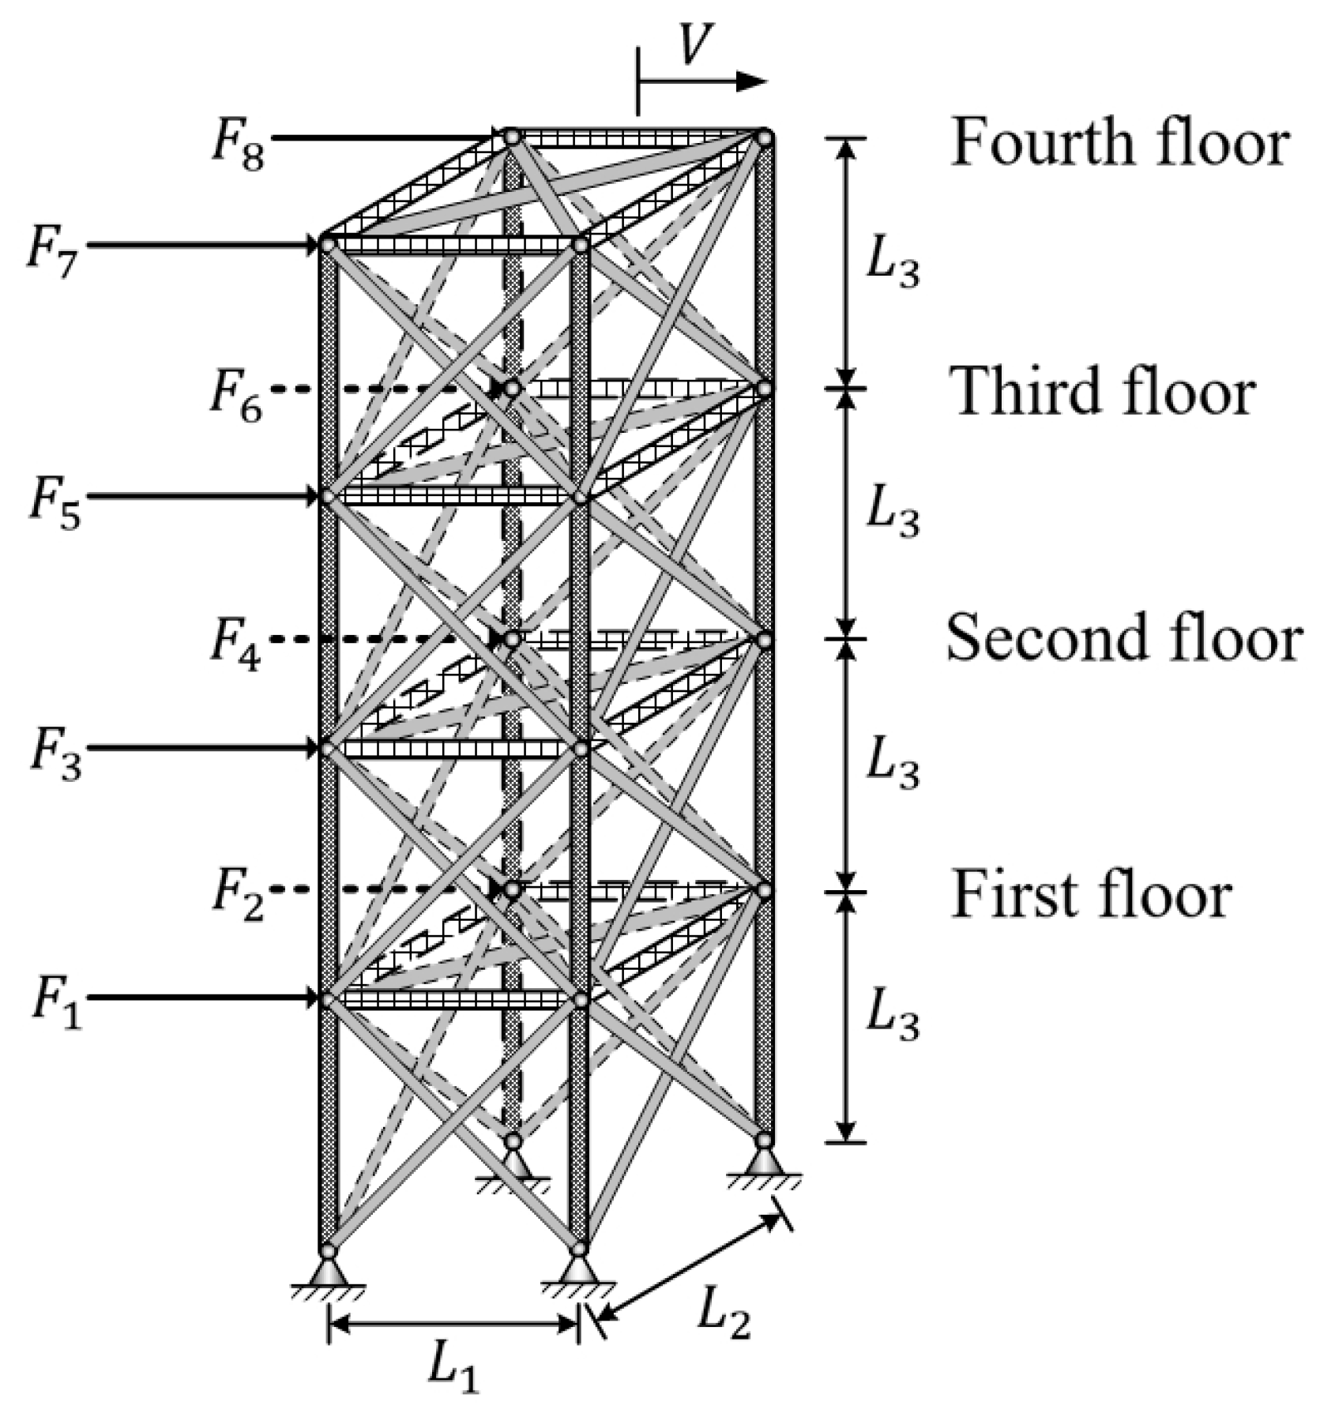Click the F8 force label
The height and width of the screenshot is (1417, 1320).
pos(237,148)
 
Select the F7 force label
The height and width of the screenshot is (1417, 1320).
pos(53,254)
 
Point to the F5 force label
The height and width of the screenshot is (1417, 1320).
pos(55,506)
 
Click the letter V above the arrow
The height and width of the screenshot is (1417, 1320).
pos(695,45)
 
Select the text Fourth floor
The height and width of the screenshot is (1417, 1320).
pos(1119,143)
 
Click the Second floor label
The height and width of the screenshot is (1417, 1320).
pos(1123,638)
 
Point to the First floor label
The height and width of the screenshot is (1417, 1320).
pos(1091,894)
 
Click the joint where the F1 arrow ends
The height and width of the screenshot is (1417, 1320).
pos(328,1000)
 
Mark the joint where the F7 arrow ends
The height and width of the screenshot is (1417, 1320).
pos(328,246)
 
